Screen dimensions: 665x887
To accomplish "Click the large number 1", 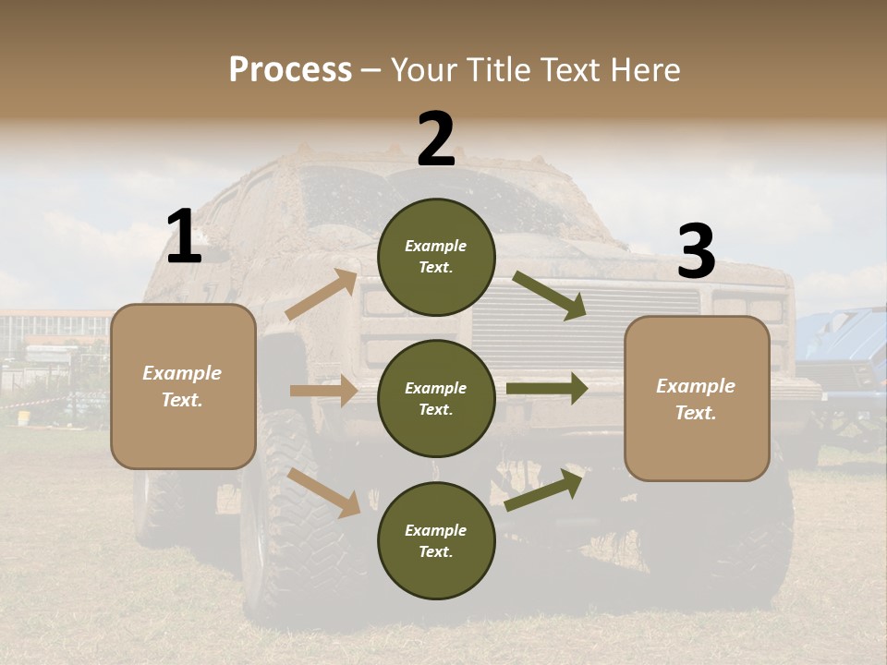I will [184, 237].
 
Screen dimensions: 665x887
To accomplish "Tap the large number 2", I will [436, 139].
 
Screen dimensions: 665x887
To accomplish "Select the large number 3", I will [696, 252].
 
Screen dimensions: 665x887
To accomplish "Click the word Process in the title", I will [290, 70].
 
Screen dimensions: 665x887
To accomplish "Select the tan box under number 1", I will [183, 386].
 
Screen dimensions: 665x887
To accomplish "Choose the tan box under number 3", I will [697, 399].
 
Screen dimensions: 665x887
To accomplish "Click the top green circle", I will [436, 257].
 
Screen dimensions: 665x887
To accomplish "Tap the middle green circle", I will [436, 398].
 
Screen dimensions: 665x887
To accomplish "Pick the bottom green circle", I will [436, 540].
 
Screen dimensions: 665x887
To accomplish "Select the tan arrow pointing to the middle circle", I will [323, 391].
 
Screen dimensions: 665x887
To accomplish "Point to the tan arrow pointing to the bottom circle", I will [324, 491].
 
